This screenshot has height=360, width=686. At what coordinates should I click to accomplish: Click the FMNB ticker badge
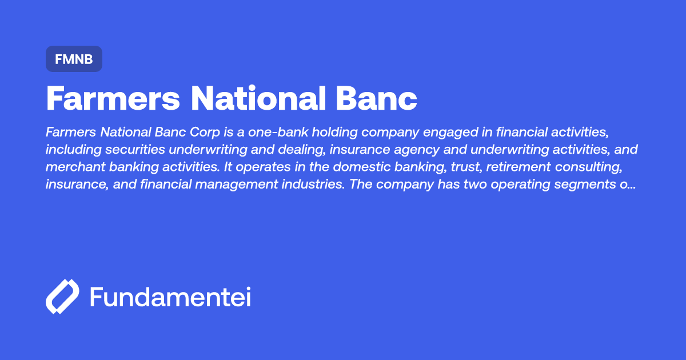(x=74, y=59)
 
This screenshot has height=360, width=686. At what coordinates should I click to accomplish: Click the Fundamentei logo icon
(x=62, y=297)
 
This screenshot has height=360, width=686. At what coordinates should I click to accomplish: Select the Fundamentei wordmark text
(x=170, y=297)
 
